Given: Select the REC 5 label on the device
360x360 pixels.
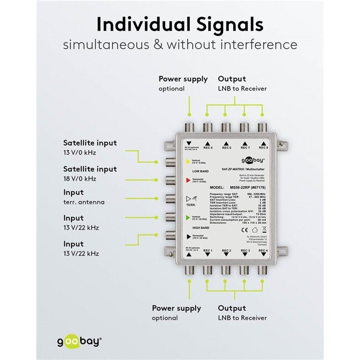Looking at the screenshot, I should (208, 147).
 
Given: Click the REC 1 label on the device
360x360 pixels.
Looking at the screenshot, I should (208, 251).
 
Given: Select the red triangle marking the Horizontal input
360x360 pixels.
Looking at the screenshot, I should (188, 181).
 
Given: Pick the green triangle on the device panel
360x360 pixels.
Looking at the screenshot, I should (188, 218).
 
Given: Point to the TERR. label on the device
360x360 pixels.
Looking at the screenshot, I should (192, 204).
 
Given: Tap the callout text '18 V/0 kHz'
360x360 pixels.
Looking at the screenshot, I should (80, 178).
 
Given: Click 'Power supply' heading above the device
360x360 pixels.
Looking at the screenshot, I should (183, 79).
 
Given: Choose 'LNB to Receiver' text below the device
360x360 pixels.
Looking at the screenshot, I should (242, 318).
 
